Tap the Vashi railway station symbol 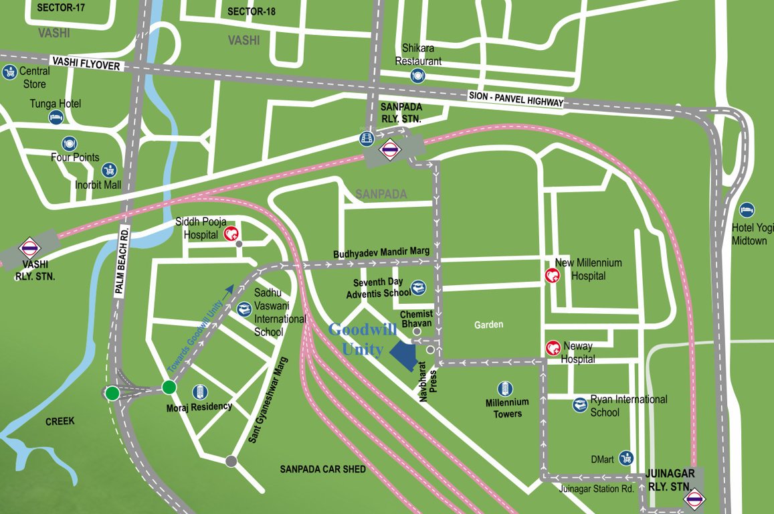pyautogui.click(x=29, y=249)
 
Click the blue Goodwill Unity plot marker pyautogui.click(x=403, y=353)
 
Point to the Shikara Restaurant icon pyautogui.click(x=418, y=76)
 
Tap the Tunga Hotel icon pyautogui.click(x=56, y=118)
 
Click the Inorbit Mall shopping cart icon pyautogui.click(x=108, y=170)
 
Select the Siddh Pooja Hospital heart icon pyautogui.click(x=231, y=234)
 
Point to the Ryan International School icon pyautogui.click(x=580, y=405)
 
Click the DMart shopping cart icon pyautogui.click(x=626, y=458)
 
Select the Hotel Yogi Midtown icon pyautogui.click(x=747, y=210)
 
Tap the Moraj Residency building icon pyautogui.click(x=199, y=392)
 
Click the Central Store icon pyautogui.click(x=9, y=72)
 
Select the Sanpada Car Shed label pyautogui.click(x=322, y=469)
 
